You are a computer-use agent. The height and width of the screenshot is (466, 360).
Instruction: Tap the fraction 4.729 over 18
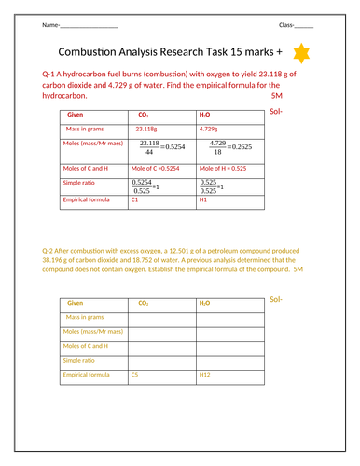pos(217,146)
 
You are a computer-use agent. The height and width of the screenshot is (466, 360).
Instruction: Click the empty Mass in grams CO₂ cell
pos(161,318)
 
